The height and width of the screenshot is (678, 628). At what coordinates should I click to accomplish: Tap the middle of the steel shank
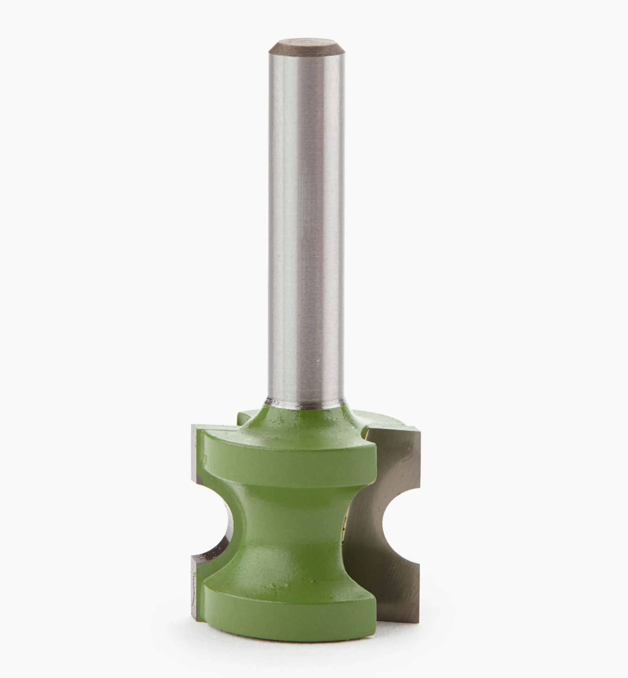pos(305,221)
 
